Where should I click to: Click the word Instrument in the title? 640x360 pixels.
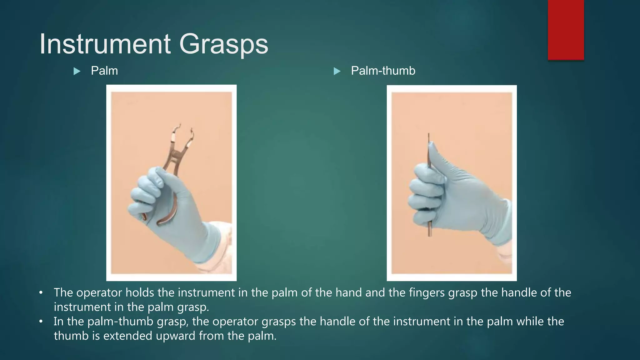(105, 44)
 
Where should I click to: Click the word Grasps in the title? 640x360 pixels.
(223, 44)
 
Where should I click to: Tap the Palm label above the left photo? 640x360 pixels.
(104, 71)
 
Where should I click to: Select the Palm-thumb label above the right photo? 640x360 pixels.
(383, 71)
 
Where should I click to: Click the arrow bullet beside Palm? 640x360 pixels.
(77, 72)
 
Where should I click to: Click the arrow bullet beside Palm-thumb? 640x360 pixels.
(337, 72)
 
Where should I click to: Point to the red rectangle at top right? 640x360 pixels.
(566, 30)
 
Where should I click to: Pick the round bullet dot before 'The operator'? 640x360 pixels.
(41, 293)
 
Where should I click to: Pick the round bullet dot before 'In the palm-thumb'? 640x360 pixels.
(41, 322)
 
